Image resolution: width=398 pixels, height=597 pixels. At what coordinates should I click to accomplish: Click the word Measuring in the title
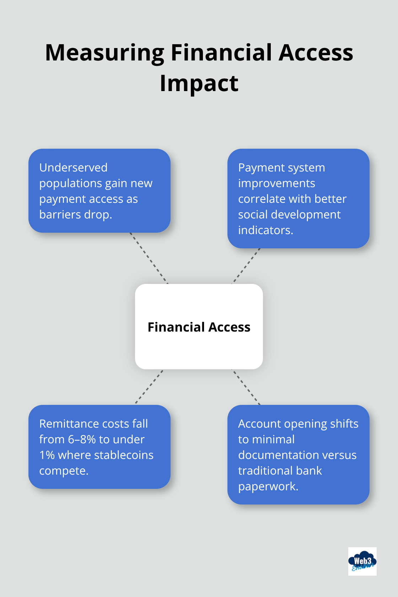(105, 53)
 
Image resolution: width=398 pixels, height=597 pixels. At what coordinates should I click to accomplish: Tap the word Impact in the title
(199, 84)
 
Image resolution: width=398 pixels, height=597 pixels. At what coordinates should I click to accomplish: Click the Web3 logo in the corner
(362, 561)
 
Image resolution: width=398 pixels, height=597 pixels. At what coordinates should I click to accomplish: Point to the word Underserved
(73, 168)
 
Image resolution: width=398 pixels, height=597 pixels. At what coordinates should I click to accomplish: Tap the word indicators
(265, 230)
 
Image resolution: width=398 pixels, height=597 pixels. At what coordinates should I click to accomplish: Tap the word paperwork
(268, 486)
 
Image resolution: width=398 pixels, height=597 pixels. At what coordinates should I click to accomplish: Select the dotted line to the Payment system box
(246, 266)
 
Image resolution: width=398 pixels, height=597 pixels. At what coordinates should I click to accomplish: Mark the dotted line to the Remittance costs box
(149, 387)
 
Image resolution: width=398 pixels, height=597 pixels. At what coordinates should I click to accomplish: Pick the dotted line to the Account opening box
(246, 387)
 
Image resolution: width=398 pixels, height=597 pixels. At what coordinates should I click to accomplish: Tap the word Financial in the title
(222, 53)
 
